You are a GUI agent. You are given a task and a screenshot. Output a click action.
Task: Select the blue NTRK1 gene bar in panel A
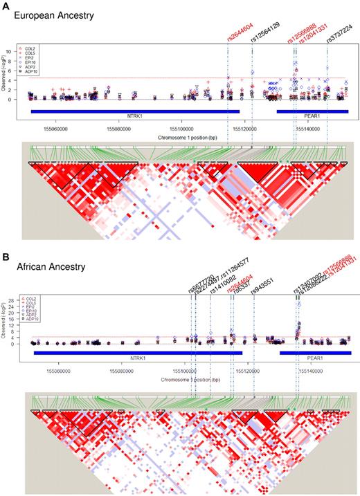tap(134, 111)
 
